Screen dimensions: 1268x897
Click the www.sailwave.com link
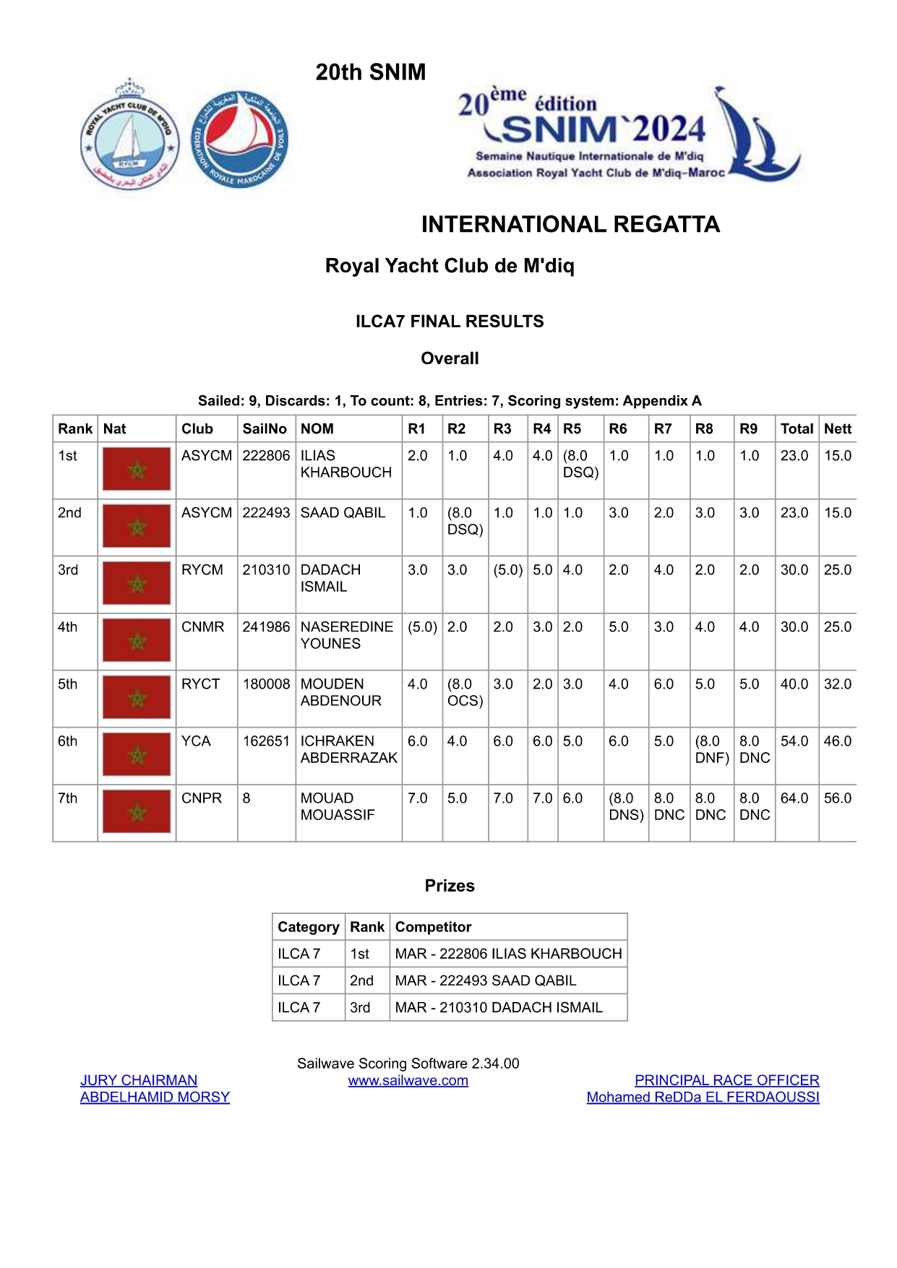pos(408,1081)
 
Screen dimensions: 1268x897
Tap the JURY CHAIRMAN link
pos(139,1080)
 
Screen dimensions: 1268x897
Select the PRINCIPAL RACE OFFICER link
pos(726,1080)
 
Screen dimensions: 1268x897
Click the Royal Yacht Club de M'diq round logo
pos(129,134)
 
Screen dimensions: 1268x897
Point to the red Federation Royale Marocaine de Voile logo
pos(240,139)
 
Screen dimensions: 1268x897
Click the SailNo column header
pos(265,428)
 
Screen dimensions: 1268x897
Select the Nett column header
pos(838,428)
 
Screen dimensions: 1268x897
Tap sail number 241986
pos(266,627)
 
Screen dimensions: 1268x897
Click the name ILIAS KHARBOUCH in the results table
pos(346,464)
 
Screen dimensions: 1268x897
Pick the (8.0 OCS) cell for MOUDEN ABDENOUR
pos(465,692)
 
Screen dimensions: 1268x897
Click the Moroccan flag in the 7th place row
pos(137,811)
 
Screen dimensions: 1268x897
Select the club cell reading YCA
pos(196,741)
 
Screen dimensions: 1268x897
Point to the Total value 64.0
pos(794,798)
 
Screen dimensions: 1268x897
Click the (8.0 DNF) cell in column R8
pos(711,749)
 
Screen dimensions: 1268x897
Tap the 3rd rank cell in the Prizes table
pos(360,1008)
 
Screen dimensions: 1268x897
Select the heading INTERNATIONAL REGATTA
pos(570,225)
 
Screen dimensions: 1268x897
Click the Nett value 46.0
pos(838,741)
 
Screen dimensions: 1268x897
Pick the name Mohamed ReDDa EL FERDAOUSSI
pos(703,1097)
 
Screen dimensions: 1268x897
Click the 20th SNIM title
pos(371,72)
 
